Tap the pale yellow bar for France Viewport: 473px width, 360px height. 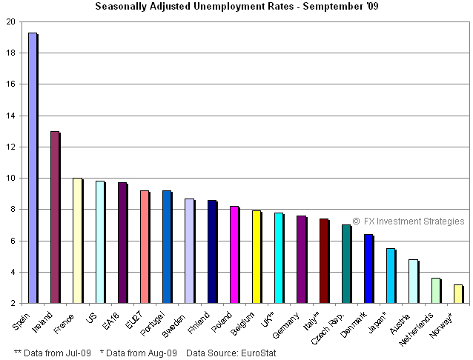(x=77, y=241)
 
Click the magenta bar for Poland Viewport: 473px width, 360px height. (x=234, y=255)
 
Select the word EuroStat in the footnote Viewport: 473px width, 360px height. (x=258, y=353)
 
